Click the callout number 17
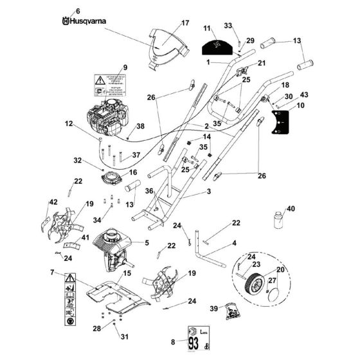pos(185,23)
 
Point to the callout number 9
pos(125,67)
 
